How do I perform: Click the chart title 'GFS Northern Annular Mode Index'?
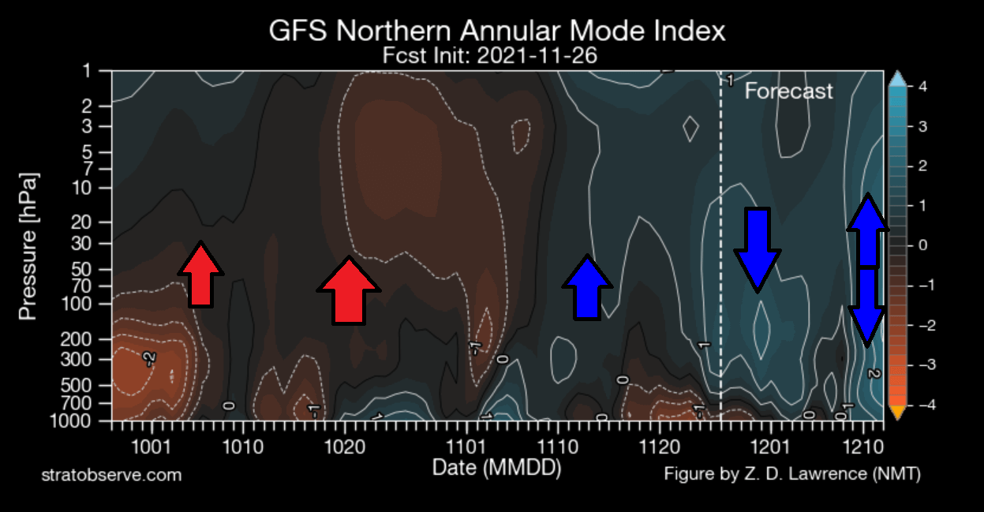tap(496, 32)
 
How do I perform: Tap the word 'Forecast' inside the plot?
tap(788, 92)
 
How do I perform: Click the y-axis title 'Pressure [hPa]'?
tap(28, 247)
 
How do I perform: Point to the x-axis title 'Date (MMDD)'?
tap(496, 468)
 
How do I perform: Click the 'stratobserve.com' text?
tap(111, 475)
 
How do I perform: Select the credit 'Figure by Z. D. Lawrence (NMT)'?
tap(792, 474)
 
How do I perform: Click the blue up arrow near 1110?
tap(586, 287)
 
